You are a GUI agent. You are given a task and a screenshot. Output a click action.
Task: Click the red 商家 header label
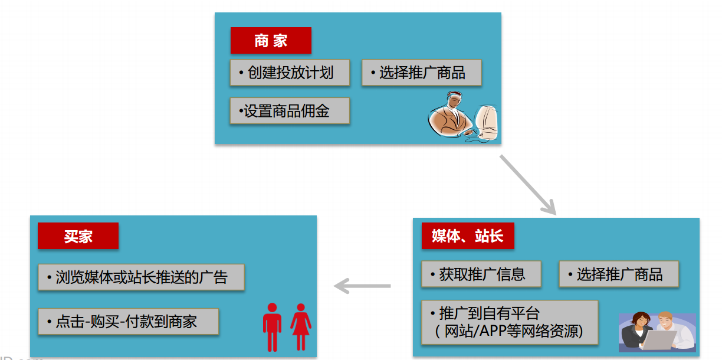[271, 41]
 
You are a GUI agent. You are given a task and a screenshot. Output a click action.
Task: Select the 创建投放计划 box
[290, 73]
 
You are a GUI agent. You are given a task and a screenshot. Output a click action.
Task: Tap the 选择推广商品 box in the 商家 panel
[421, 73]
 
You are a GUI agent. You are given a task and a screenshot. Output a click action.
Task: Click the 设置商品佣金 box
[290, 110]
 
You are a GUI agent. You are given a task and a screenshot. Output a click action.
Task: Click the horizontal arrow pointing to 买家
[362, 286]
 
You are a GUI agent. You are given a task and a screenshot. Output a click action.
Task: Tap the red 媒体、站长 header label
[467, 237]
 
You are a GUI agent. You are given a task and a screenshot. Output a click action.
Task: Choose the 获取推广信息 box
[481, 274]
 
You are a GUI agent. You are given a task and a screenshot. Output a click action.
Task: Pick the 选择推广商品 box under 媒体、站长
[618, 274]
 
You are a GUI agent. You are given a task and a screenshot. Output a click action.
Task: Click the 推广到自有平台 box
[510, 322]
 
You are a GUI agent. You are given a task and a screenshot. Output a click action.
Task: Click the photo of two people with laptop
[657, 332]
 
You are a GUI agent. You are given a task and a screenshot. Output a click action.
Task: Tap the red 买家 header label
[78, 236]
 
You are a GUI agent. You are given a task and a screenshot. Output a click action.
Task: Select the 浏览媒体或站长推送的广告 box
[141, 277]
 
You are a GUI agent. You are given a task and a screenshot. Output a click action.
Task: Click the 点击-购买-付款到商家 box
[128, 322]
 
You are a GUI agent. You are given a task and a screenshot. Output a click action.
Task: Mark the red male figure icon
[272, 326]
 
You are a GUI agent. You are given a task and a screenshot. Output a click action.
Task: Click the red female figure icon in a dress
[301, 326]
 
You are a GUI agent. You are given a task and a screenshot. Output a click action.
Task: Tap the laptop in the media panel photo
[659, 341]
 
